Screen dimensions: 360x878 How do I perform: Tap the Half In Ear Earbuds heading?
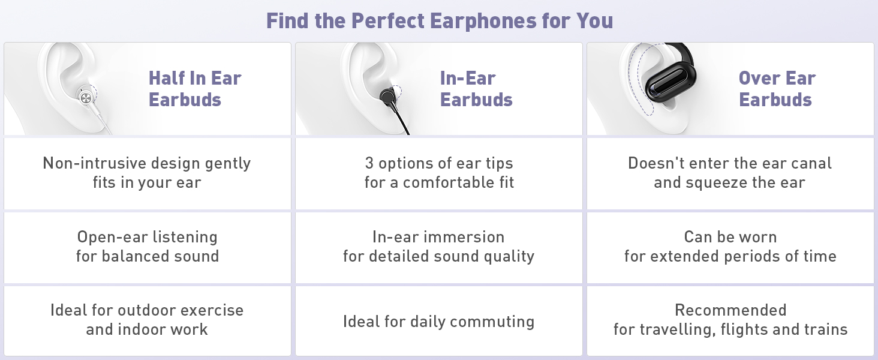tap(194, 89)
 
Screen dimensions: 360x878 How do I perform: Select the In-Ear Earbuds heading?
tap(476, 89)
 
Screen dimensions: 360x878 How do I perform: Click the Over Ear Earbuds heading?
tap(777, 89)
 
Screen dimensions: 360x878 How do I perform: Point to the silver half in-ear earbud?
tap(85, 96)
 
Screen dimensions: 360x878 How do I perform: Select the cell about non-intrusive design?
tap(147, 173)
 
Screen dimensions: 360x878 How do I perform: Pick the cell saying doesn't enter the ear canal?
tap(730, 173)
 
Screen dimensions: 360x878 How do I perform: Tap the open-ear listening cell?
tap(147, 247)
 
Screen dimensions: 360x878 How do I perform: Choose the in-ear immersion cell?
tap(438, 247)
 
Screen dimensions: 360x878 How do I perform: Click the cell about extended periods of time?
tap(730, 247)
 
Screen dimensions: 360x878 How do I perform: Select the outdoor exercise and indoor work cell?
tap(147, 320)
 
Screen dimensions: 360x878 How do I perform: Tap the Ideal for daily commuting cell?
tap(438, 322)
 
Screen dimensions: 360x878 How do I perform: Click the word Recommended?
tap(730, 310)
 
